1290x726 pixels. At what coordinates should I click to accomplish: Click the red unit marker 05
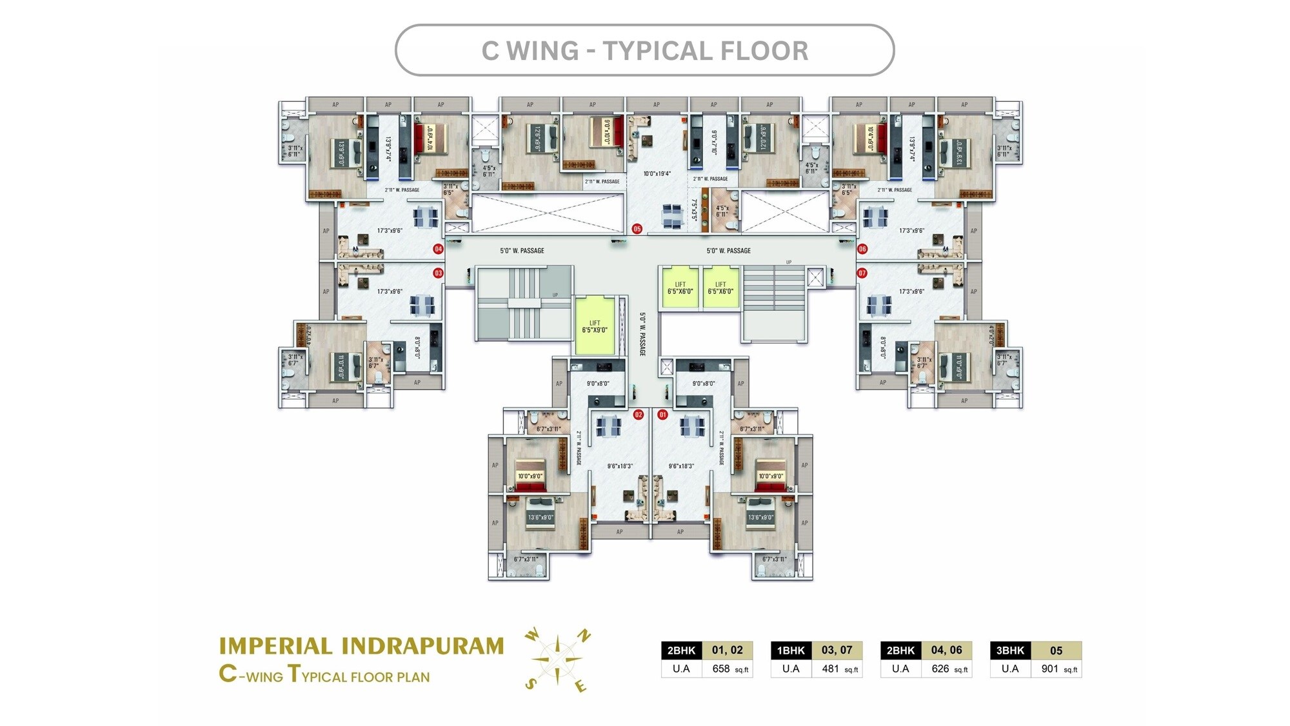[x=637, y=229]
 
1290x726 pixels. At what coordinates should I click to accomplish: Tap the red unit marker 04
[x=438, y=249]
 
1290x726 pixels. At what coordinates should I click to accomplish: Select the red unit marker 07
[x=862, y=273]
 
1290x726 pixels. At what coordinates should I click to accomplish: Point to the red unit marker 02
[x=638, y=415]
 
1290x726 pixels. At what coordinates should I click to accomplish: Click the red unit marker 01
[x=662, y=415]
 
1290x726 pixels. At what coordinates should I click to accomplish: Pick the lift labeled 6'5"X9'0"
[x=595, y=327]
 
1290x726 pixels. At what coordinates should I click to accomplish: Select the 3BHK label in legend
[x=1009, y=650]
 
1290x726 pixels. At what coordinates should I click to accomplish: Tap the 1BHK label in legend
[x=791, y=650]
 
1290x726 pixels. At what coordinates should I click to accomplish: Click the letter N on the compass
[x=584, y=636]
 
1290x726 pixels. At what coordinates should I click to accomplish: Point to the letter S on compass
[x=530, y=684]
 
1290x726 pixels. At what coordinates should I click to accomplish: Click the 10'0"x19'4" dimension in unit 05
[x=657, y=173]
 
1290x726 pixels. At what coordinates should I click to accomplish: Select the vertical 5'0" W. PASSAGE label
[x=642, y=334]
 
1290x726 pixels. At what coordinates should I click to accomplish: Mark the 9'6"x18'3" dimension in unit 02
[x=620, y=466]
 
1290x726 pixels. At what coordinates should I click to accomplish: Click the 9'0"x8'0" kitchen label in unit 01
[x=703, y=384]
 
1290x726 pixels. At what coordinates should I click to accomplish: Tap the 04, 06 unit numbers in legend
[x=946, y=650]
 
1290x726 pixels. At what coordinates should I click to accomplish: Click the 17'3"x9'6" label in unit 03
[x=390, y=291]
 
